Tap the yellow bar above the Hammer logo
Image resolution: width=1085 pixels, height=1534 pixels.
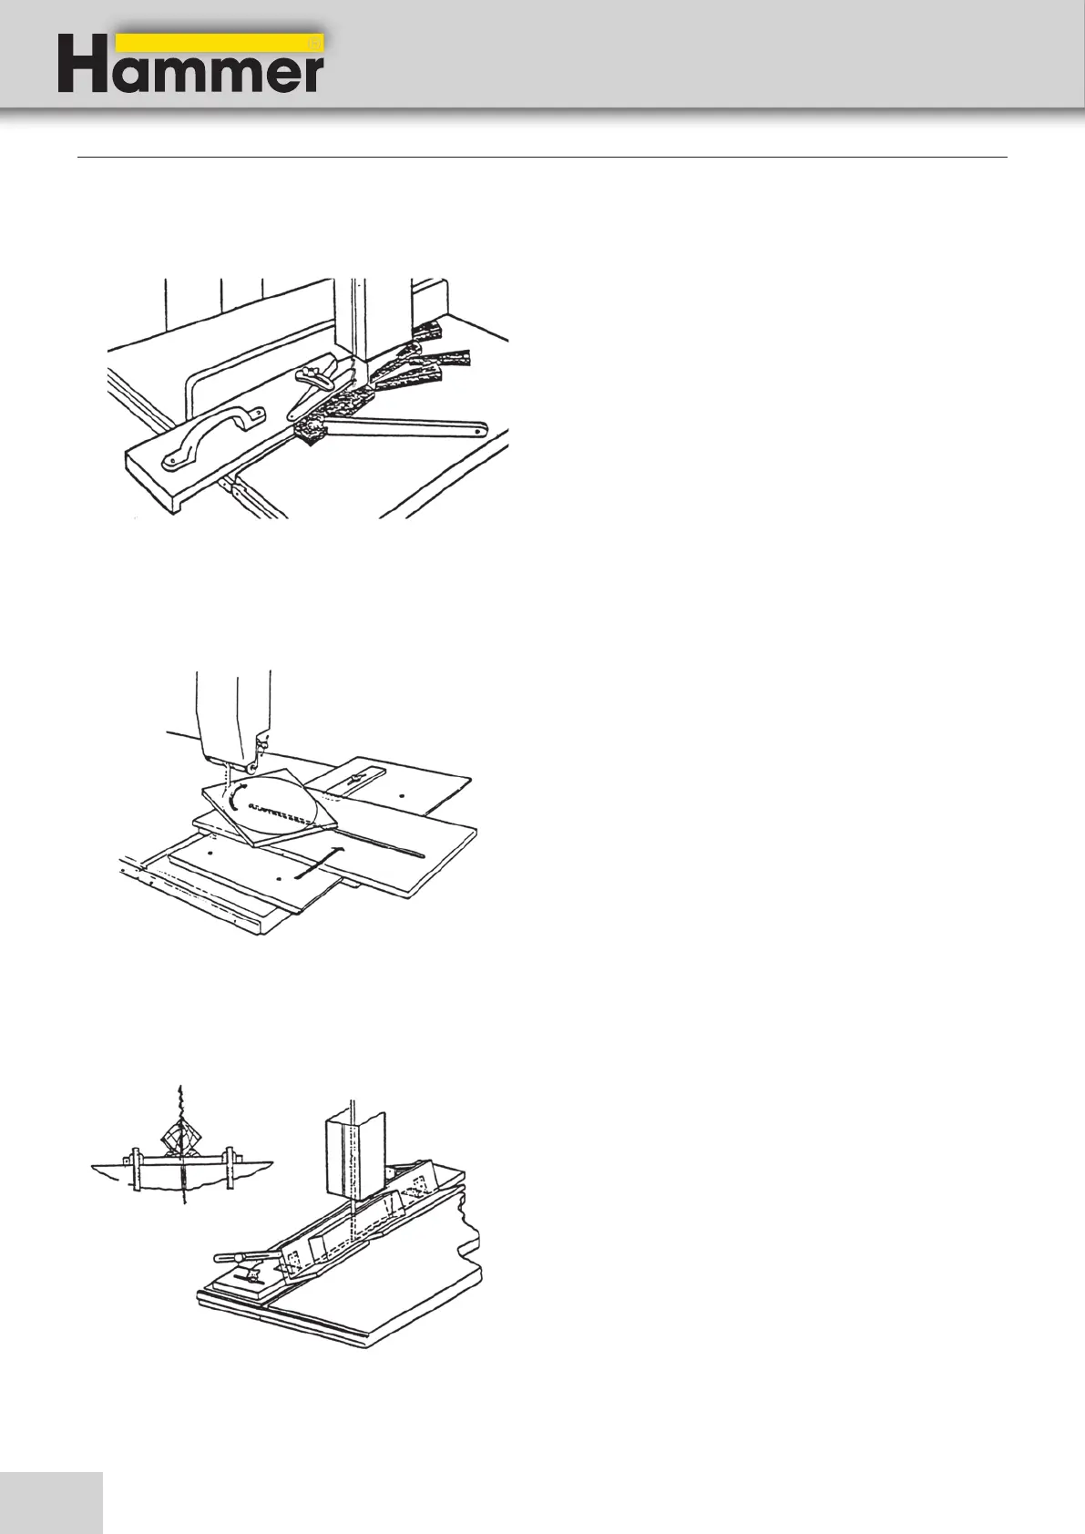click(x=219, y=43)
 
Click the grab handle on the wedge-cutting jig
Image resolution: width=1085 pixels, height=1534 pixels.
click(x=210, y=436)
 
